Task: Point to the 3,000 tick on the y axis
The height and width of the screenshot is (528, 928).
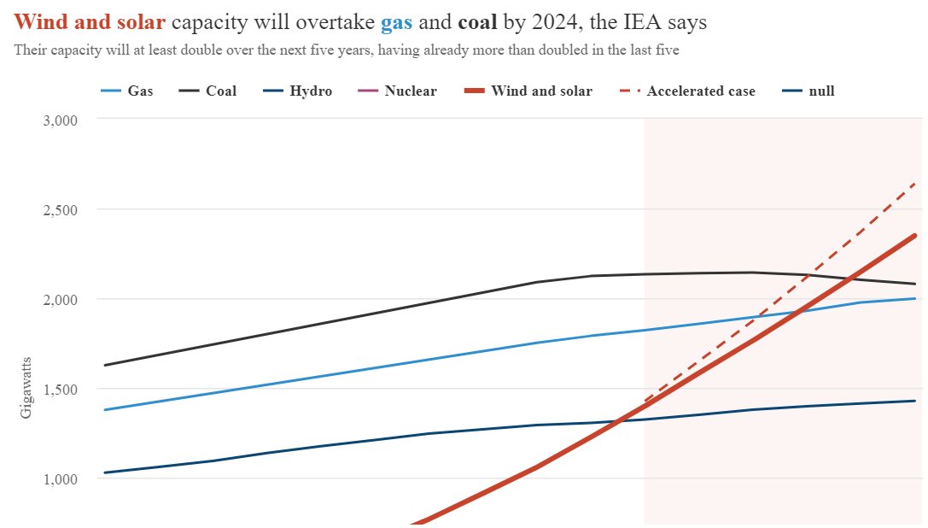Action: pos(60,120)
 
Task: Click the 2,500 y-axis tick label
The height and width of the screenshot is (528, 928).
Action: pos(60,210)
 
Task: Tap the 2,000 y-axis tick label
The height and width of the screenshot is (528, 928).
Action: pos(60,300)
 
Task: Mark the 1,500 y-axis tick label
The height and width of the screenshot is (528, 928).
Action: pos(60,390)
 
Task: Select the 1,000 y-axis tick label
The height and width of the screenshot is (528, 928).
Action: pos(60,479)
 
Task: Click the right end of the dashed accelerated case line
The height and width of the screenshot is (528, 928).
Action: pos(915,183)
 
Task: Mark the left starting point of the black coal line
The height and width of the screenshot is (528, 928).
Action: pos(104,366)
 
